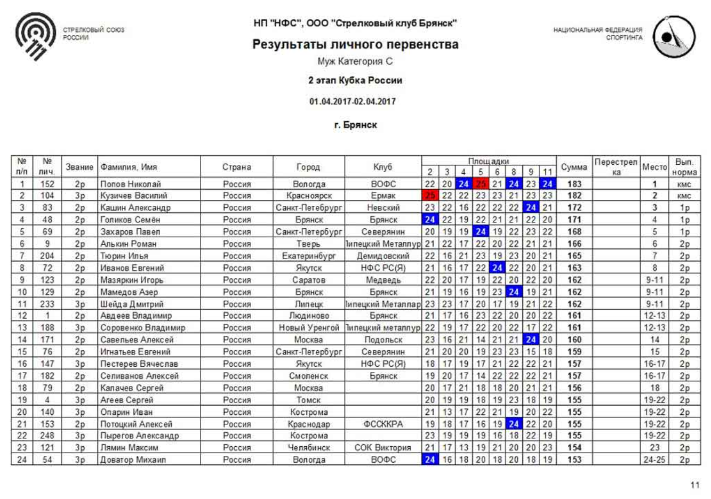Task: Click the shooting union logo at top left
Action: tap(36, 36)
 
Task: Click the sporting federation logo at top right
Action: tap(674, 36)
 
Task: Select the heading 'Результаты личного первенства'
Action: tap(355, 44)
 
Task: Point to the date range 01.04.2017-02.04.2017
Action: tap(353, 101)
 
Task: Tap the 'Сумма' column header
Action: tap(574, 167)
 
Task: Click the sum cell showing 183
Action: tap(574, 184)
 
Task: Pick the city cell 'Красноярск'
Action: tap(309, 196)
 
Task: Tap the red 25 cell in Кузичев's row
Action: tap(430, 196)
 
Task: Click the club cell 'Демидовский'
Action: tap(383, 256)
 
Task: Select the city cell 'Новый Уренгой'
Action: tap(309, 328)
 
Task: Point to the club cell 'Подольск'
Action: tap(383, 340)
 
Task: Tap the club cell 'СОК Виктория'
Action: tap(383, 448)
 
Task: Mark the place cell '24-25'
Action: tap(654, 460)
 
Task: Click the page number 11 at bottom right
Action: tap(694, 485)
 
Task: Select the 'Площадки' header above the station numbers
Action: tap(489, 161)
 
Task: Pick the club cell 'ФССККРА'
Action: tap(383, 424)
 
